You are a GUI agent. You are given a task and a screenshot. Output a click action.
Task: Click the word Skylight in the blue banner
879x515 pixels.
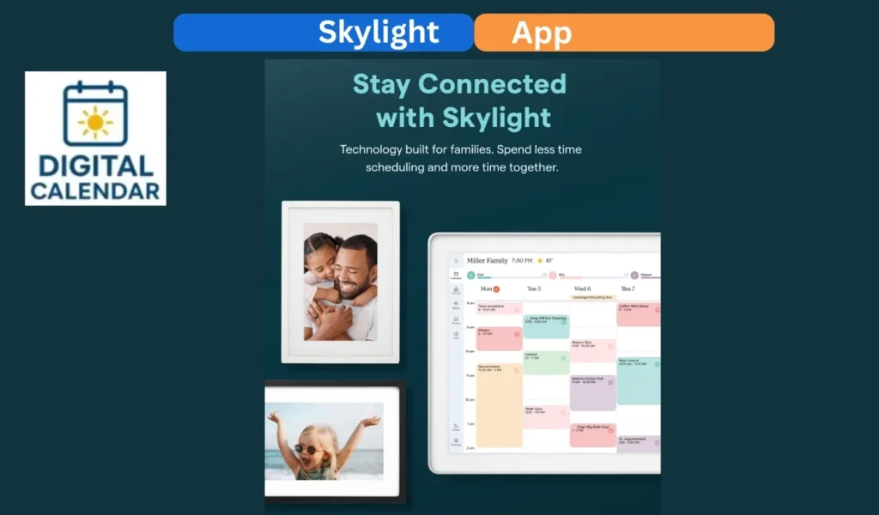[x=379, y=33]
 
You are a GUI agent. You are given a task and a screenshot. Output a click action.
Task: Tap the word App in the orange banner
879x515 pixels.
[x=542, y=33]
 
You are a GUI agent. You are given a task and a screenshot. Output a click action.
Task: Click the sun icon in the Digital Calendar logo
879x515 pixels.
[x=94, y=122]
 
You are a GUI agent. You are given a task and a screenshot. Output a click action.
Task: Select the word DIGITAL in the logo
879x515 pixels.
[x=95, y=167]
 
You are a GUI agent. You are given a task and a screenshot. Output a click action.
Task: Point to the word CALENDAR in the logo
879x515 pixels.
[x=95, y=191]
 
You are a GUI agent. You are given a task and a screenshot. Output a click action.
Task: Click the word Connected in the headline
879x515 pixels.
[x=492, y=84]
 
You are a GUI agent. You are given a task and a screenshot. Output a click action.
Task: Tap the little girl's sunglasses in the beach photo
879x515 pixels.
[x=307, y=448]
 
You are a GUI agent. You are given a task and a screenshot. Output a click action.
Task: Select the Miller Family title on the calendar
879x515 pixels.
[x=487, y=260]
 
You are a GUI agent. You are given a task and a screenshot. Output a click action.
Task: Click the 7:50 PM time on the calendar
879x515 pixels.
[x=522, y=260]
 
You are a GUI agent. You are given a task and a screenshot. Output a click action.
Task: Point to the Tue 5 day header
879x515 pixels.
[x=533, y=288]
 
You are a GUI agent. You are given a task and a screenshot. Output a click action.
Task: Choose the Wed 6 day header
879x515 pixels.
[x=582, y=288]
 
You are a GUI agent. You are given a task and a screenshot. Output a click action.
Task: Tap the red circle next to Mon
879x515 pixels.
[x=496, y=289]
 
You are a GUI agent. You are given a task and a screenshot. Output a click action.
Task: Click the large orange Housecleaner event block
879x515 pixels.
[x=499, y=403]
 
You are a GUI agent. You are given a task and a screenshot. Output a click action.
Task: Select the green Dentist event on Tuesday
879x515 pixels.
[x=546, y=361]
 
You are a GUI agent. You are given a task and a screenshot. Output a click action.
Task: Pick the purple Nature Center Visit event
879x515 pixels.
[x=593, y=391]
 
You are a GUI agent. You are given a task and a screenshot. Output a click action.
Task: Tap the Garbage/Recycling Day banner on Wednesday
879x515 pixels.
[x=592, y=298]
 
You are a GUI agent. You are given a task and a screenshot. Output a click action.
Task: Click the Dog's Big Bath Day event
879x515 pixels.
[x=593, y=434]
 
